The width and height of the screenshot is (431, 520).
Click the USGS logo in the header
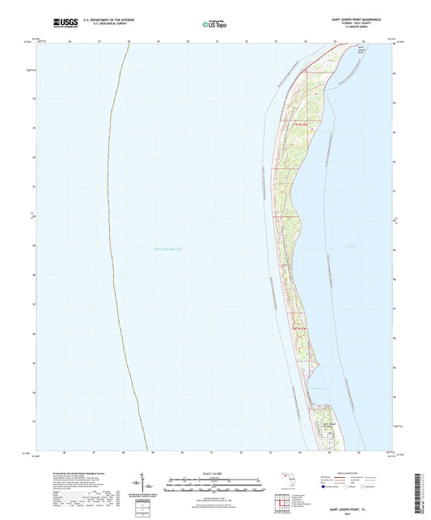click(x=64, y=24)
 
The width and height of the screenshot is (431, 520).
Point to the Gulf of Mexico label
click(x=165, y=250)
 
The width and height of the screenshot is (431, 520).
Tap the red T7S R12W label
click(x=300, y=124)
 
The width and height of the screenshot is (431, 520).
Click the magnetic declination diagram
click(x=154, y=485)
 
